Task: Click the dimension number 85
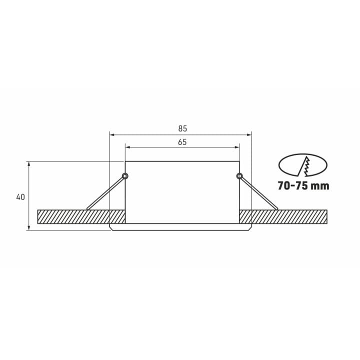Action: [182, 128]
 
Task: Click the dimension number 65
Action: [182, 142]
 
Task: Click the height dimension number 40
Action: [20, 197]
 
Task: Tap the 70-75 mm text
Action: [303, 185]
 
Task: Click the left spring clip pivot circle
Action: [125, 176]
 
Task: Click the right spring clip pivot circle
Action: [239, 176]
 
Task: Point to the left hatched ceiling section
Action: [81, 216]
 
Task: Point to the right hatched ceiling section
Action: [283, 216]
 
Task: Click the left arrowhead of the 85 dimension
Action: [112, 135]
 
